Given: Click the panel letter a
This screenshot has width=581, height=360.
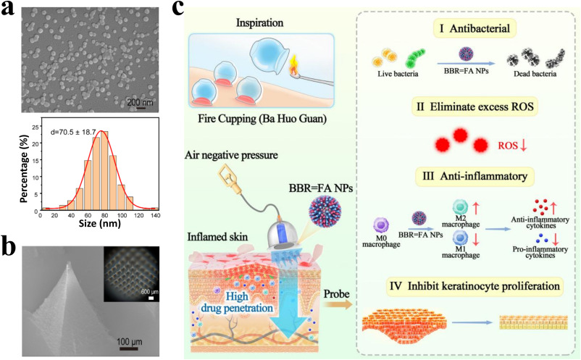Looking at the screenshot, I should click(x=9, y=9).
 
